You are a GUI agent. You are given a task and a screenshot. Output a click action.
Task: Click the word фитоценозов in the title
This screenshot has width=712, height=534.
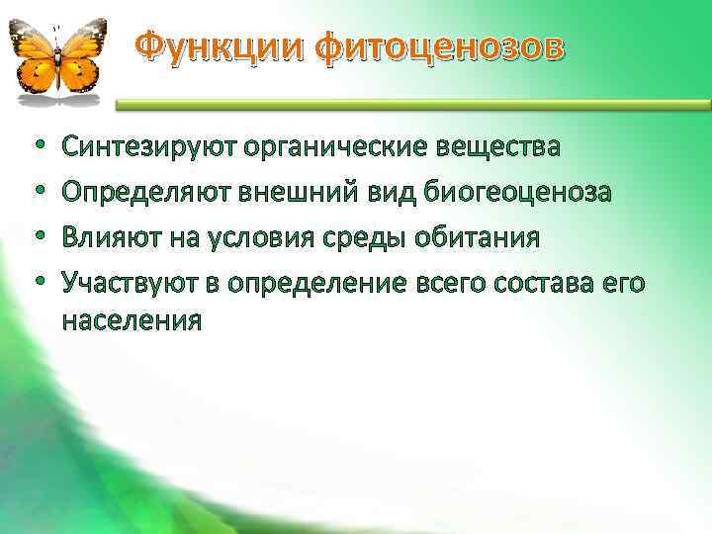coord(431,47)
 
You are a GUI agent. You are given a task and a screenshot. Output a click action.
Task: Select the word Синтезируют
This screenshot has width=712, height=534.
coord(147,148)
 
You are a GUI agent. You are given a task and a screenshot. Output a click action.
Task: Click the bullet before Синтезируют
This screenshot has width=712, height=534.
coord(38,149)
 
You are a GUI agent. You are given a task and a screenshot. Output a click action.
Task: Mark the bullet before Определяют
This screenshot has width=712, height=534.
coord(38,194)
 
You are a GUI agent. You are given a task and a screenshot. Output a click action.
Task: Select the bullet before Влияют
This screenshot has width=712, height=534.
coord(38,239)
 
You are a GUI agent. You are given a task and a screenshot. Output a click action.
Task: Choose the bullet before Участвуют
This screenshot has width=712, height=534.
coord(38,285)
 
